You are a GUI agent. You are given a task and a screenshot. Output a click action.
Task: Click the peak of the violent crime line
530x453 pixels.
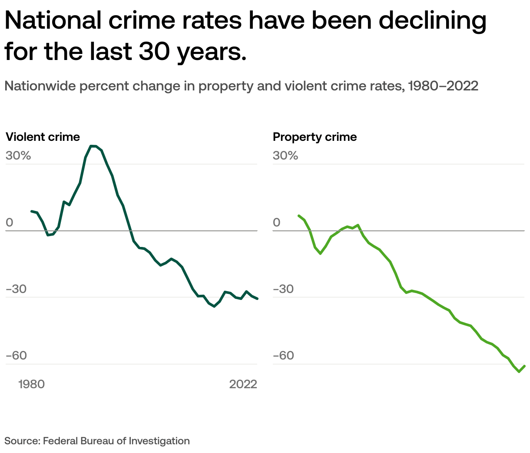click(93, 146)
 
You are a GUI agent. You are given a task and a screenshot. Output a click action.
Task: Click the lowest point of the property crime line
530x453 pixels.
click(519, 372)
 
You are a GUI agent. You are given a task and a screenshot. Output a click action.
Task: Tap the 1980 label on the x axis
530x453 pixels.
click(32, 384)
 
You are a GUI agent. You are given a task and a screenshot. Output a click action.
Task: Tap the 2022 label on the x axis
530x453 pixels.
click(243, 384)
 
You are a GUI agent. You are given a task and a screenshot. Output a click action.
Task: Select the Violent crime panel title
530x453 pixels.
click(43, 137)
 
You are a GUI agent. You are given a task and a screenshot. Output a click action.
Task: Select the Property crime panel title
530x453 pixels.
click(315, 137)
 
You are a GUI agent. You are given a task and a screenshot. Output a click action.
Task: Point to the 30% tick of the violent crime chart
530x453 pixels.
click(18, 156)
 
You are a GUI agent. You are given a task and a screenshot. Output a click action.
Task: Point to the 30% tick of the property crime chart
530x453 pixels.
click(285, 156)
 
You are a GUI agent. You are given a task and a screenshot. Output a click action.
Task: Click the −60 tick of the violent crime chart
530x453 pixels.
click(17, 356)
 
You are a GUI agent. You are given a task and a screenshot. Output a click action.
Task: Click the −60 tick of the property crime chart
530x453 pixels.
click(284, 356)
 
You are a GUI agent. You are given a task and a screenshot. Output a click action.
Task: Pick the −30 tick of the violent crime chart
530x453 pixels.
click(17, 289)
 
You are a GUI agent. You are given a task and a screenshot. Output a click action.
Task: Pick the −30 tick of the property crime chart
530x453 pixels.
click(284, 289)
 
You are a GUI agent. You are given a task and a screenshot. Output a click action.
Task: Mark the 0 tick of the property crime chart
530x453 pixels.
click(277, 223)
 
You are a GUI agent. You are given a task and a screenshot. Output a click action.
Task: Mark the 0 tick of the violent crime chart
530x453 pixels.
click(10, 223)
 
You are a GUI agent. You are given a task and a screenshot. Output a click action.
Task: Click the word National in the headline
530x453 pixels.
click(53, 20)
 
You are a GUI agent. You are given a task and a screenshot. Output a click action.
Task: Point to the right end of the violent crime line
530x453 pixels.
click(258, 299)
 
